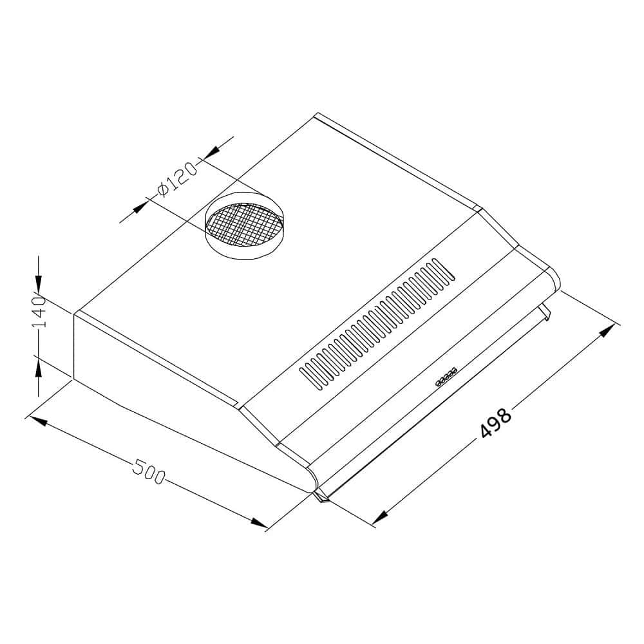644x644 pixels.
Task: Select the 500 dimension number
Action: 149,472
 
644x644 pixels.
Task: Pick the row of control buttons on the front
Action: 446,377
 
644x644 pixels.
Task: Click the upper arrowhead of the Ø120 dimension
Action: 211,151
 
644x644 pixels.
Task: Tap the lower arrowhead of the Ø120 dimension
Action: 140,206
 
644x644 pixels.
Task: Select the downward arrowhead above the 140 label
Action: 38,283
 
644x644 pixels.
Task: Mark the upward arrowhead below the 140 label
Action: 38,367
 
